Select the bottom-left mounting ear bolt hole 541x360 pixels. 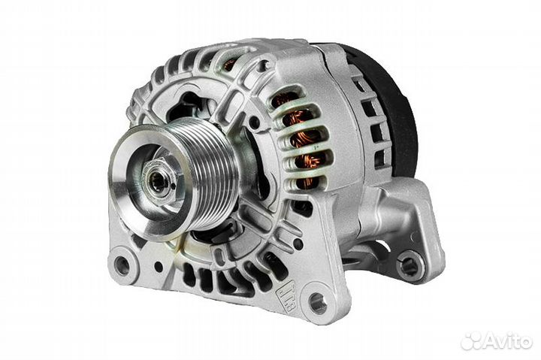[x=122, y=265]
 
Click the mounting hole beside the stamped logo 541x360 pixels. [x=318, y=304]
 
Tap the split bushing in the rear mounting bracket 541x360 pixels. [x=410, y=267]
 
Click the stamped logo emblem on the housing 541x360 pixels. [x=286, y=296]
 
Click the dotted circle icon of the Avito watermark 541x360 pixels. [x=471, y=341]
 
